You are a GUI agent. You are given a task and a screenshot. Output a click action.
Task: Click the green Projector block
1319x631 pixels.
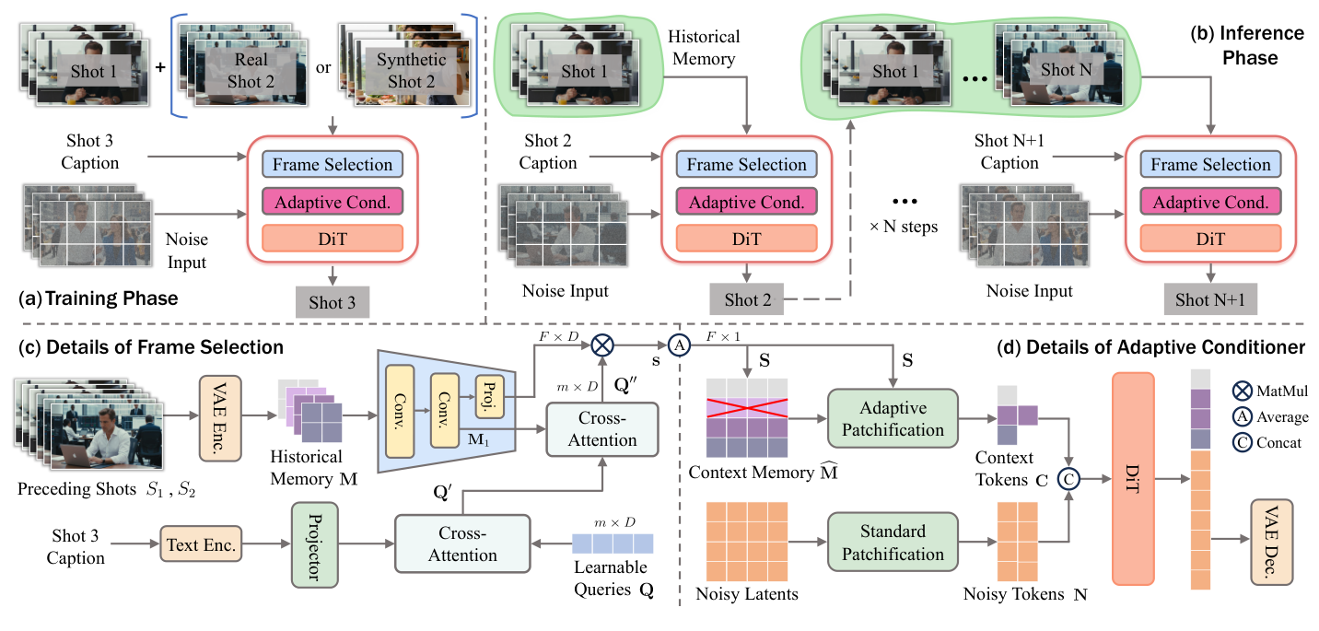point(310,546)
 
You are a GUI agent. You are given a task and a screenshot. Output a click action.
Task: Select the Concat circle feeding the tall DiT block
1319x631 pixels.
point(1068,478)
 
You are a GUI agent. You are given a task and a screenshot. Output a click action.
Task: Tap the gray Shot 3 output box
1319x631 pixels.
point(332,302)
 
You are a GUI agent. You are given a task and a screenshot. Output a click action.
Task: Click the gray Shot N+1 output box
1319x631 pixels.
point(1209,299)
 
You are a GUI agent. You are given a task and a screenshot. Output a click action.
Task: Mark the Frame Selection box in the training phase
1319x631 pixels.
point(332,165)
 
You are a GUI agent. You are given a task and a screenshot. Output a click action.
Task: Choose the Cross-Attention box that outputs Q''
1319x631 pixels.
point(602,428)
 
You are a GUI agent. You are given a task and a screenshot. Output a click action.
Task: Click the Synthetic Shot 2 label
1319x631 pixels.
point(411,71)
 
